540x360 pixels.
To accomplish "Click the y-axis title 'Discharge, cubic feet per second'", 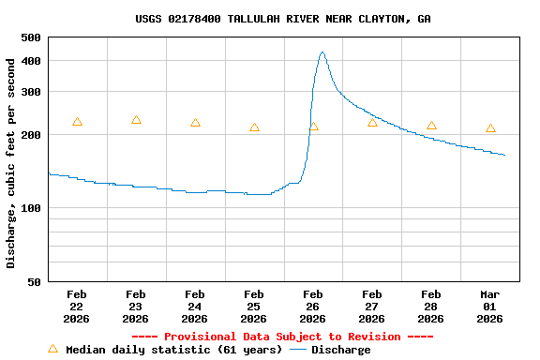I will tap(11, 163).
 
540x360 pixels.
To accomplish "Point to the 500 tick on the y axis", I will tap(30, 37).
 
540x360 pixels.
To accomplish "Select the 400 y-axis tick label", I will tap(30, 61).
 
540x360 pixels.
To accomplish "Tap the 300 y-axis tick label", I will tap(30, 92).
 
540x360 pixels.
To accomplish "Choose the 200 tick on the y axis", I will tap(30, 135).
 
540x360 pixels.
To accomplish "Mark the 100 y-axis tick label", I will tap(30, 208).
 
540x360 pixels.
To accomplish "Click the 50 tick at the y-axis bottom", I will tap(34, 281).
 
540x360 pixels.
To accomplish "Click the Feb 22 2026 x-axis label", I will tap(77, 307).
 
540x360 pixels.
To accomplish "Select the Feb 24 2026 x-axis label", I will tap(195, 307).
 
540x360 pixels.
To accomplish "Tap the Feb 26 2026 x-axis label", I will tap(313, 307).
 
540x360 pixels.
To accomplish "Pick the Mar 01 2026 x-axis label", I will tap(490, 307).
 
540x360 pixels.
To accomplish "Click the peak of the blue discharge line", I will tap(322, 52).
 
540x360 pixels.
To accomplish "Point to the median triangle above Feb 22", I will tap(77, 122).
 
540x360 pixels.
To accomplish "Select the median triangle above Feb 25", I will tap(254, 127).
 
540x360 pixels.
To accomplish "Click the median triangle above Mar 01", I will tap(490, 128).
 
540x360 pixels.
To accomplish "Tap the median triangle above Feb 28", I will tap(431, 126).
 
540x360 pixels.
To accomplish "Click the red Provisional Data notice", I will tap(282, 337).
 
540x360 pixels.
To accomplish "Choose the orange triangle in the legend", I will tap(53, 349).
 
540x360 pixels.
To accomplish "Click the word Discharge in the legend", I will tap(340, 350).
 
